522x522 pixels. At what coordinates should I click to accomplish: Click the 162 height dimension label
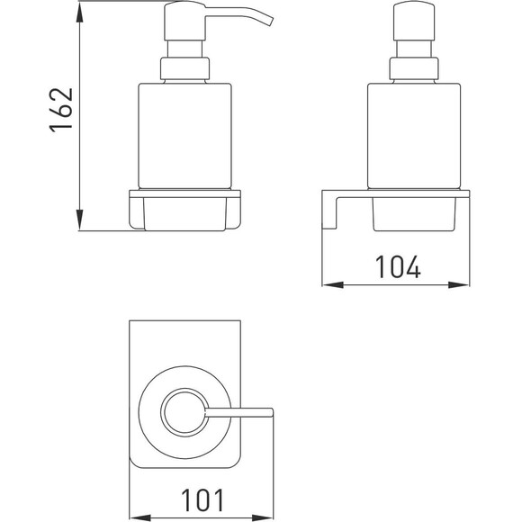coord(61,110)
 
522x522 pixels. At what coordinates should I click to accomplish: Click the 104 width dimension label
coord(398,267)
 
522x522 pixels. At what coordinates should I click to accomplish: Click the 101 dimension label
coord(202,500)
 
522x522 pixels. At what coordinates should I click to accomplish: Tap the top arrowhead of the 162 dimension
coord(79,13)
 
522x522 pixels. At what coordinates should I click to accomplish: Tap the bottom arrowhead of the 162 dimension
coord(79,220)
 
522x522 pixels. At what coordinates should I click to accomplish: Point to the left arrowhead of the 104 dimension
coord(333,285)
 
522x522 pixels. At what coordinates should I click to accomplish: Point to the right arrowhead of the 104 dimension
coord(459,285)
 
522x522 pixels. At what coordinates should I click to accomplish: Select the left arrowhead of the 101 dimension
coord(140,518)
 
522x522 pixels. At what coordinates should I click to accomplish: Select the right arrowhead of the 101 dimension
coord(262,518)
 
